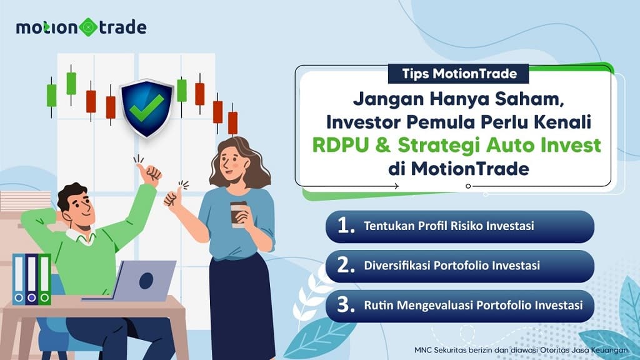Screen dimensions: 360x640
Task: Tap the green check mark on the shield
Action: click(x=146, y=106)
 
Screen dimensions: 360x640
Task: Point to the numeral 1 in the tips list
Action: click(x=346, y=226)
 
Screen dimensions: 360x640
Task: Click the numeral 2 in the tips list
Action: click(x=346, y=266)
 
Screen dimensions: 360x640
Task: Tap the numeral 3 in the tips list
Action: click(x=346, y=306)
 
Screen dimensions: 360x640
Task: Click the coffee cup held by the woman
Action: click(x=238, y=213)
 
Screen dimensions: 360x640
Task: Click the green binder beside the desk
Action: click(x=44, y=279)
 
